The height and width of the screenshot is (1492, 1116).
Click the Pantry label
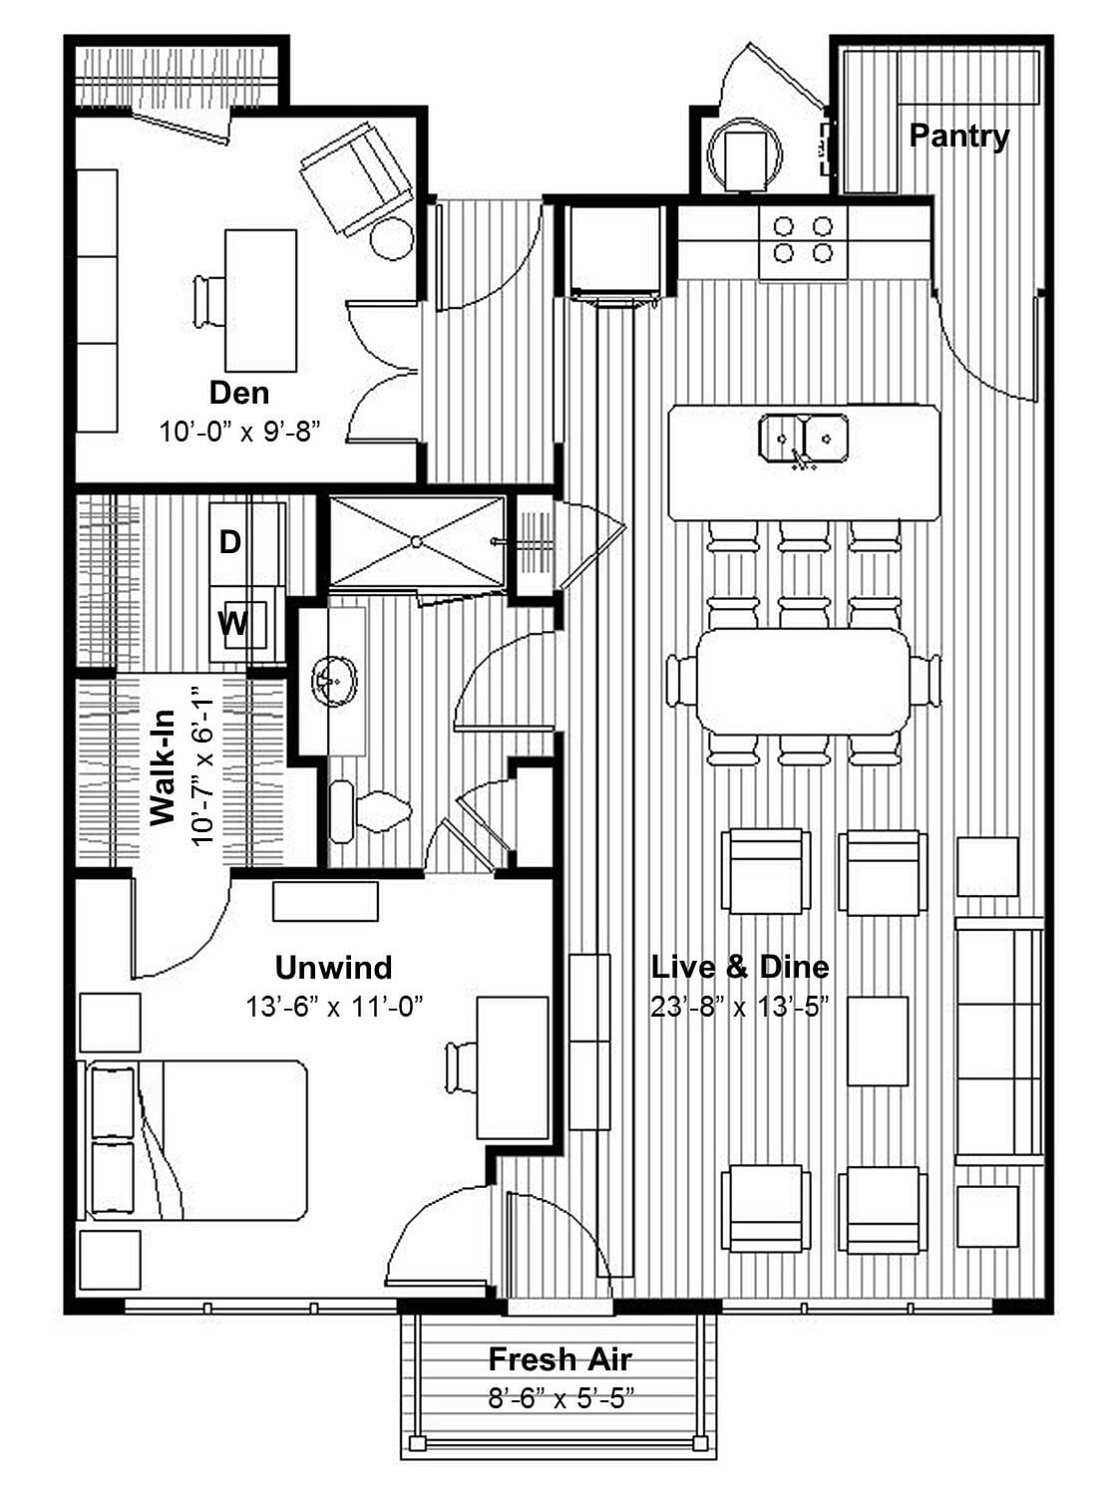pos(958,136)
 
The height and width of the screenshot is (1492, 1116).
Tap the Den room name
pos(239,393)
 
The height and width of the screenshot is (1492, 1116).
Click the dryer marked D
pos(230,542)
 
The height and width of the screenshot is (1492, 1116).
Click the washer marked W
pos(232,624)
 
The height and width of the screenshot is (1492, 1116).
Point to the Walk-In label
pos(163,767)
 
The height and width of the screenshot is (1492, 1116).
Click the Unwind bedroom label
pos(333,968)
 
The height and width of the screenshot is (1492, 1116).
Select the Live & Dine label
pos(740,967)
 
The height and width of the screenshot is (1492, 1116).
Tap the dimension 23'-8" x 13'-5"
pos(740,1007)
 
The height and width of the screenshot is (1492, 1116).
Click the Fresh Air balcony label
pos(559,1359)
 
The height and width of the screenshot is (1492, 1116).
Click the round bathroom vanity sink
pos(334,681)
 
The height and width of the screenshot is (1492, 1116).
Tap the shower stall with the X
pos(417,542)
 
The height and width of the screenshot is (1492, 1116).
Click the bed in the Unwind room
pos(194,1140)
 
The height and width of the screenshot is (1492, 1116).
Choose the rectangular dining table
pos(803,681)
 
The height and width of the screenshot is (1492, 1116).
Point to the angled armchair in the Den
pos(356,179)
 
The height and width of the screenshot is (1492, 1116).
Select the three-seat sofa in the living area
pos(998,1041)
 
